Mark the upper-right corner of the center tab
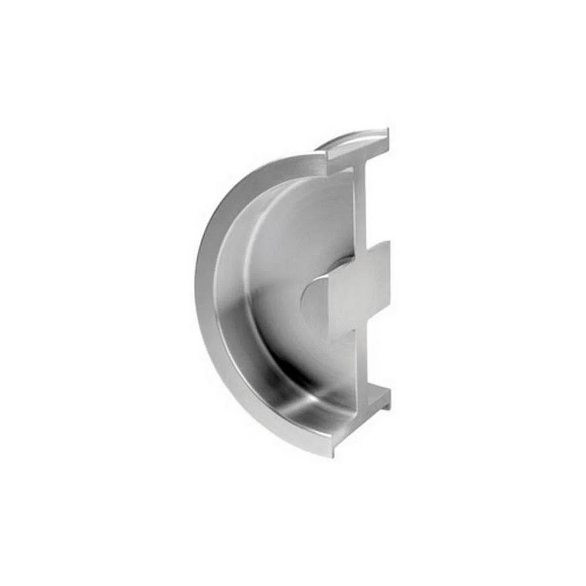pyautogui.click(x=388, y=243)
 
